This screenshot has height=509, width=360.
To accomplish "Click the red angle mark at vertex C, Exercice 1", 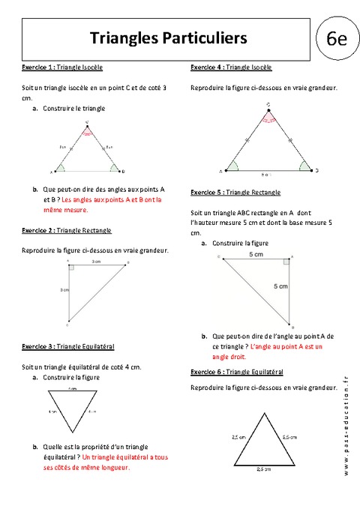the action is coord(88,130).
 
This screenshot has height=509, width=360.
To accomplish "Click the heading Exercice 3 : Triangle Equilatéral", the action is coord(68,346).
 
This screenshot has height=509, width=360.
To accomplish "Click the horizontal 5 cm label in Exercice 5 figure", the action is coord(255,256).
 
